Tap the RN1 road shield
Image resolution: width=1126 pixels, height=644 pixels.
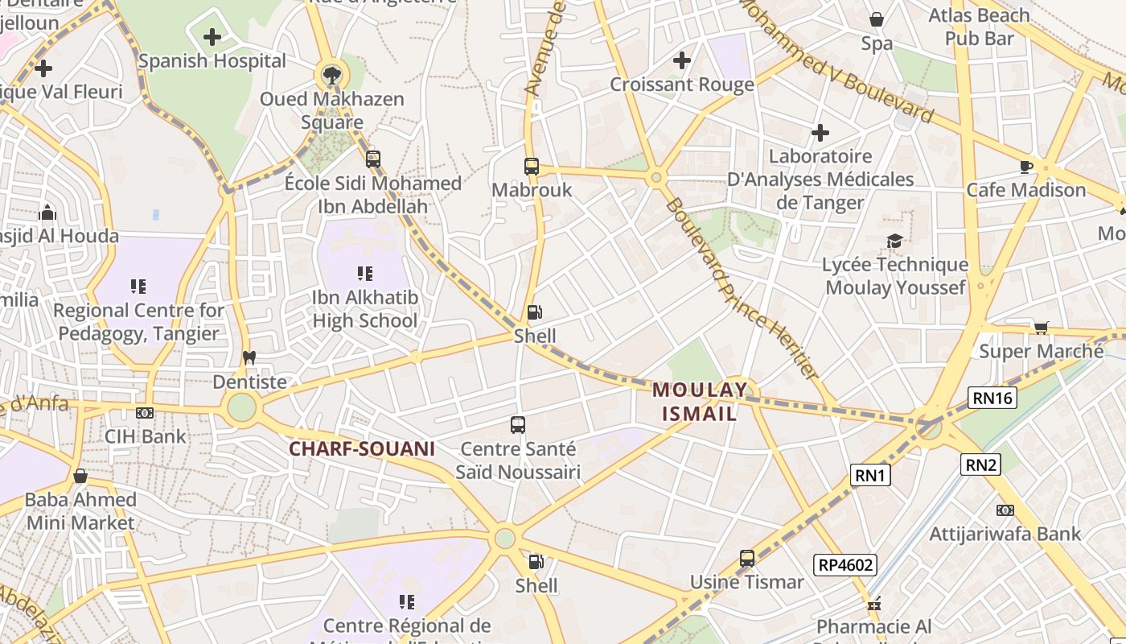click(x=870, y=475)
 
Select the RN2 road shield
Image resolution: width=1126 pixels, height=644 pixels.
click(x=981, y=464)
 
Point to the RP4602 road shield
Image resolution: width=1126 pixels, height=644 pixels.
click(x=845, y=565)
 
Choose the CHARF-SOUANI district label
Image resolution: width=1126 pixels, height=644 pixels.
click(x=361, y=448)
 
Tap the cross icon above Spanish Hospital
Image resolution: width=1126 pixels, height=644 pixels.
click(x=212, y=37)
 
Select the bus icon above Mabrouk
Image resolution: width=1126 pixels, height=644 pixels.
click(x=532, y=167)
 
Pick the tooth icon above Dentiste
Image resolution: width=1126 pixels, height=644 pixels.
click(x=249, y=357)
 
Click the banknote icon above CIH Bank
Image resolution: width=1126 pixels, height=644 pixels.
click(x=145, y=413)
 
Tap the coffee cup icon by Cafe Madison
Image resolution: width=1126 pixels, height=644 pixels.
click(x=1025, y=167)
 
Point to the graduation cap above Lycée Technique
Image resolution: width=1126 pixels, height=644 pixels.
click(x=894, y=241)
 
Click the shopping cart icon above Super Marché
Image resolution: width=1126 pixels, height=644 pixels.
click(x=1041, y=328)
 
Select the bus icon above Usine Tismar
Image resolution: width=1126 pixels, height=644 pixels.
click(x=747, y=558)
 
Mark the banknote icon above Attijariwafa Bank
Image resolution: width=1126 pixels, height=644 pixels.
click(x=1005, y=510)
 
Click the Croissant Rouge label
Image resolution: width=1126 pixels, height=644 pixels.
click(x=682, y=85)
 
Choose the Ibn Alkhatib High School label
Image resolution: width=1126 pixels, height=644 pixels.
click(x=365, y=309)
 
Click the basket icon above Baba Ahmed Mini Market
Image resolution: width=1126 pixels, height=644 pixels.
click(x=80, y=476)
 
